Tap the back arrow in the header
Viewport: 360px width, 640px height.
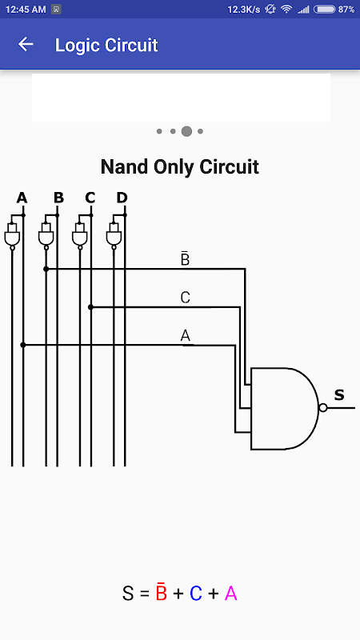26,44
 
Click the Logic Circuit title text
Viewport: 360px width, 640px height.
106,45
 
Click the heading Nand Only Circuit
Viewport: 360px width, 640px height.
179,166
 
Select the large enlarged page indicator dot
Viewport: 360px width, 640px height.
186,131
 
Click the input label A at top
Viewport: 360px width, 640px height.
22,198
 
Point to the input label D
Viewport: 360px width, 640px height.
122,198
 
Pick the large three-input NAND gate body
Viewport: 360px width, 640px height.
285,408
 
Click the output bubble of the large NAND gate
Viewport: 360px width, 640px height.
323,408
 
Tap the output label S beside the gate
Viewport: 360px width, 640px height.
339,394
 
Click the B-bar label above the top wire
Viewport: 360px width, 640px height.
185,258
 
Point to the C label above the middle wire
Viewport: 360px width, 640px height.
186,298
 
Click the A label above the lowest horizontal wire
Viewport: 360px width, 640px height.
186,335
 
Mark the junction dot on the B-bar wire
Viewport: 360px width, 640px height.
46,269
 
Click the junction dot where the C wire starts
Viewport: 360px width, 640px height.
90,307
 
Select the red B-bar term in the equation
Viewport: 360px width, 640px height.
162,592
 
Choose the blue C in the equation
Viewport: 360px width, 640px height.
196,594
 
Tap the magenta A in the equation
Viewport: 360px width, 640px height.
231,594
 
